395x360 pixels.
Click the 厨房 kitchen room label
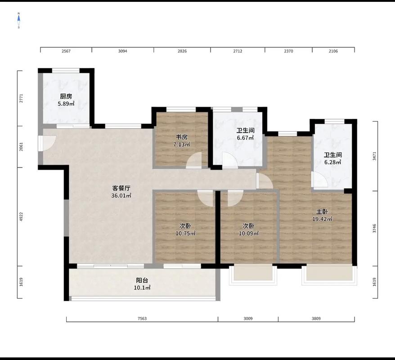tap(66, 96)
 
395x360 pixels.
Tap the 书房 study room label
tap(181, 137)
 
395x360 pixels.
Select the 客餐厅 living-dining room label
tap(121, 188)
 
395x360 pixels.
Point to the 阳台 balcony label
tap(142, 280)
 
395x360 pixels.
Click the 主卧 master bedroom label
tap(322, 211)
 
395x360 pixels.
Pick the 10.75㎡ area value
tap(186, 233)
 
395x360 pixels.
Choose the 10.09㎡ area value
tap(249, 233)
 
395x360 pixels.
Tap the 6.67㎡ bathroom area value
tap(245, 138)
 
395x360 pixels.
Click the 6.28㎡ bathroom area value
tap(333, 162)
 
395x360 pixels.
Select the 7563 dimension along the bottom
tap(142, 319)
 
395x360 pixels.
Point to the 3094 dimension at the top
tap(123, 51)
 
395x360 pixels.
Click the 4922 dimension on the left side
tap(22, 216)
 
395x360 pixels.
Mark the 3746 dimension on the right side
tap(374, 228)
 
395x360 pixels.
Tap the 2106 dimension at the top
tap(333, 51)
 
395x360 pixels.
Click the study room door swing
tap(194, 160)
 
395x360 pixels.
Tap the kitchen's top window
tap(66, 71)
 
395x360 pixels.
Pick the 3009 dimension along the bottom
tap(248, 319)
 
